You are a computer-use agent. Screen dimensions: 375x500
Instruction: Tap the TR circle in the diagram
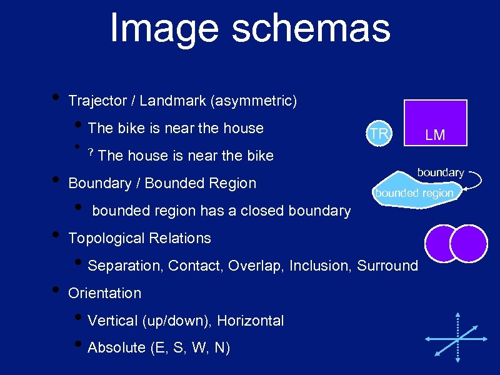379,134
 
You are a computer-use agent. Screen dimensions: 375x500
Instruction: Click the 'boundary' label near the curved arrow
441,172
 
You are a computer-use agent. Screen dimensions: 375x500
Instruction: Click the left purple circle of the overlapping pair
440,242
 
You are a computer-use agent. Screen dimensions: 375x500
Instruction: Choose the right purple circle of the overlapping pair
470,242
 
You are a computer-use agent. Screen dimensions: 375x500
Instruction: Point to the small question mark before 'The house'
91,152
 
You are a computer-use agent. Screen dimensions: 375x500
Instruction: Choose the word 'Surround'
387,266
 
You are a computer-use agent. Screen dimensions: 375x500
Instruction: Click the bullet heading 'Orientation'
104,293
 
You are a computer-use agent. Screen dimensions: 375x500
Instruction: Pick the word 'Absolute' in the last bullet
117,348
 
